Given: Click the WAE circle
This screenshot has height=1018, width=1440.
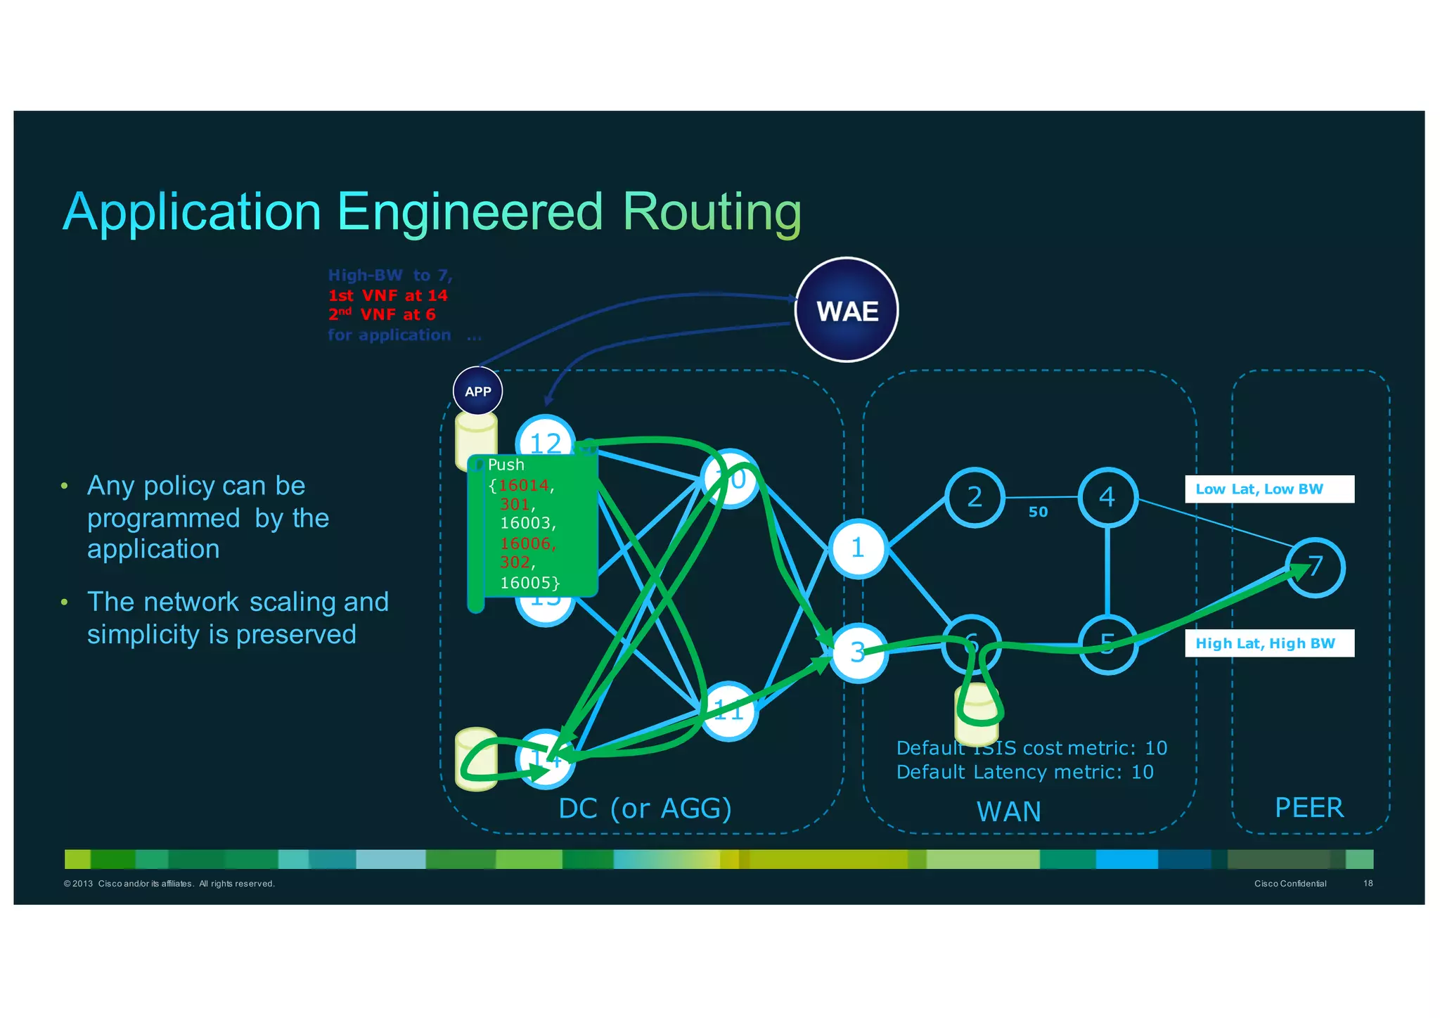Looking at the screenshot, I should pyautogui.click(x=847, y=310).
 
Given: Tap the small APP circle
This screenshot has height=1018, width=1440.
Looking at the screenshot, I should pyautogui.click(x=478, y=392).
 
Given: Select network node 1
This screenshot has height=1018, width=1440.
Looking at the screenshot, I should pyautogui.click(x=858, y=548).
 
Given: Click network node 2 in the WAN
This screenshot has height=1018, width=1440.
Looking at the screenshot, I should pyautogui.click(x=975, y=498).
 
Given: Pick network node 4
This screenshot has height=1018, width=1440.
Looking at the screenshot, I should pyautogui.click(x=1107, y=498).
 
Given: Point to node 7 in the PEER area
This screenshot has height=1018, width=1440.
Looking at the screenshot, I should pyautogui.click(x=1316, y=567).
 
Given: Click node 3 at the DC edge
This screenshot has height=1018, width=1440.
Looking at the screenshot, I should pyautogui.click(x=858, y=652).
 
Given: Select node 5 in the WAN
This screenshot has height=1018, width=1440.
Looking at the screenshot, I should pyautogui.click(x=1107, y=644).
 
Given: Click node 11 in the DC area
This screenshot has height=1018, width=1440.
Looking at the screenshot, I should pyautogui.click(x=729, y=711).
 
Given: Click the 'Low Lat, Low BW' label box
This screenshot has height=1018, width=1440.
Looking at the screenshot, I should pyautogui.click(x=1269, y=489).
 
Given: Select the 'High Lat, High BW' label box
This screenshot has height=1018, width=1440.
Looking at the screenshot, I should pyautogui.click(x=1269, y=643).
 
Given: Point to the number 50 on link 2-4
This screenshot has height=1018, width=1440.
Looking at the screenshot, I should pyautogui.click(x=1038, y=513).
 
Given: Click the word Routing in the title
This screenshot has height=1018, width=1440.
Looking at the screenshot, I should pyautogui.click(x=712, y=212).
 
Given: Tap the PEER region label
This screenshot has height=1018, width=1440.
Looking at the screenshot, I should pyautogui.click(x=1309, y=808).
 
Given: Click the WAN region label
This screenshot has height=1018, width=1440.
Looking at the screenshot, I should pyautogui.click(x=1008, y=811).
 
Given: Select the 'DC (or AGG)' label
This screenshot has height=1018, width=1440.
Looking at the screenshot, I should pyautogui.click(x=645, y=808).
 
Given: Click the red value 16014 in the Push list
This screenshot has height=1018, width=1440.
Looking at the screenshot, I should pyautogui.click(x=524, y=485).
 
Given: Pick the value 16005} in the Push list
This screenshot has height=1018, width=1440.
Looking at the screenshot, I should pyautogui.click(x=529, y=583).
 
